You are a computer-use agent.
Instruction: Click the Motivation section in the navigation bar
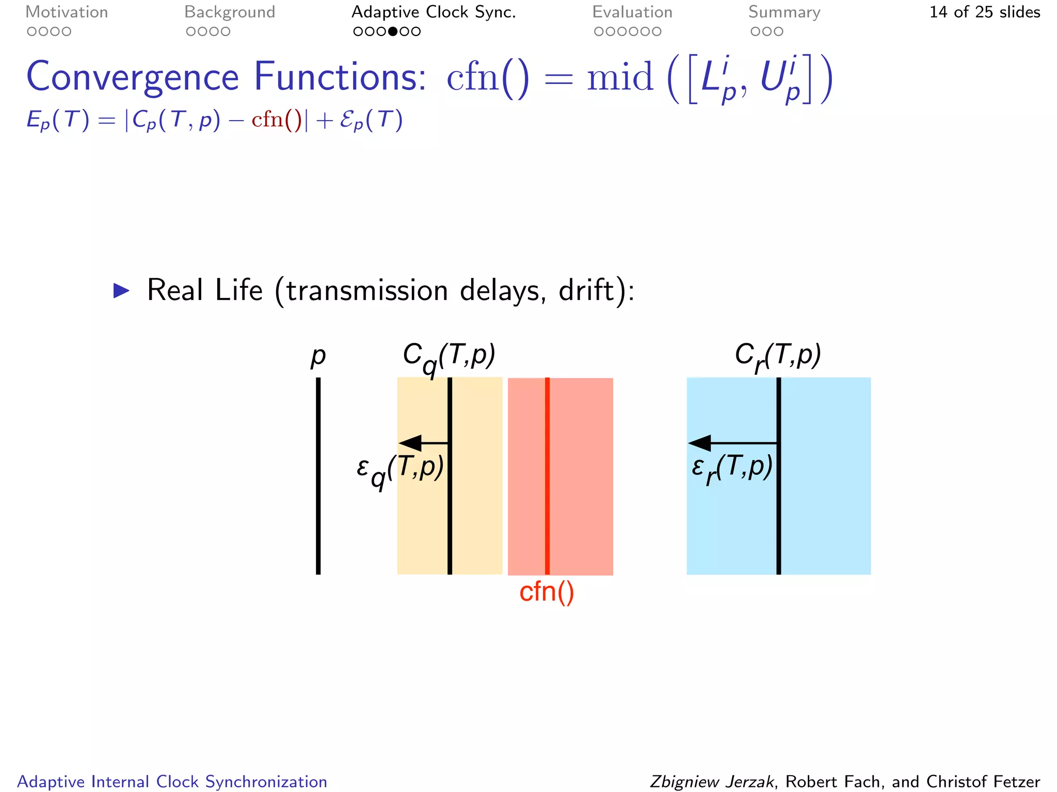tap(67, 12)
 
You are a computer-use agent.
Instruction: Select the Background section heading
tap(230, 12)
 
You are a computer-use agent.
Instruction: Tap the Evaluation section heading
tap(632, 12)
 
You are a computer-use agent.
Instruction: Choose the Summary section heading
tap(784, 12)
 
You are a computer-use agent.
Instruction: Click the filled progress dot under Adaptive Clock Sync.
tap(393, 31)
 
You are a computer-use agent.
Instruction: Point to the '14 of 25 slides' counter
tap(984, 12)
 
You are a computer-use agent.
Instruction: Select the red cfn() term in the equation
tap(277, 120)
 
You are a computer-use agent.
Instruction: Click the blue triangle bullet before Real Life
tap(121, 291)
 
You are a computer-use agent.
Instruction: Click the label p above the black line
tap(318, 356)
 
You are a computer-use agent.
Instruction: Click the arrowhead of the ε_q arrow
tap(411, 443)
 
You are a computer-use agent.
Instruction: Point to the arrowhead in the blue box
tap(700, 443)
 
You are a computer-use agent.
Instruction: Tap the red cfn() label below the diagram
tap(547, 591)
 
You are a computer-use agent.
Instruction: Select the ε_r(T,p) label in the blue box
tap(732, 468)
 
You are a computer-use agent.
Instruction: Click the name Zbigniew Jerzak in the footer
tap(712, 782)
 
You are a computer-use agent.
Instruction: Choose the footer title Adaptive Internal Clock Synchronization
tap(172, 782)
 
